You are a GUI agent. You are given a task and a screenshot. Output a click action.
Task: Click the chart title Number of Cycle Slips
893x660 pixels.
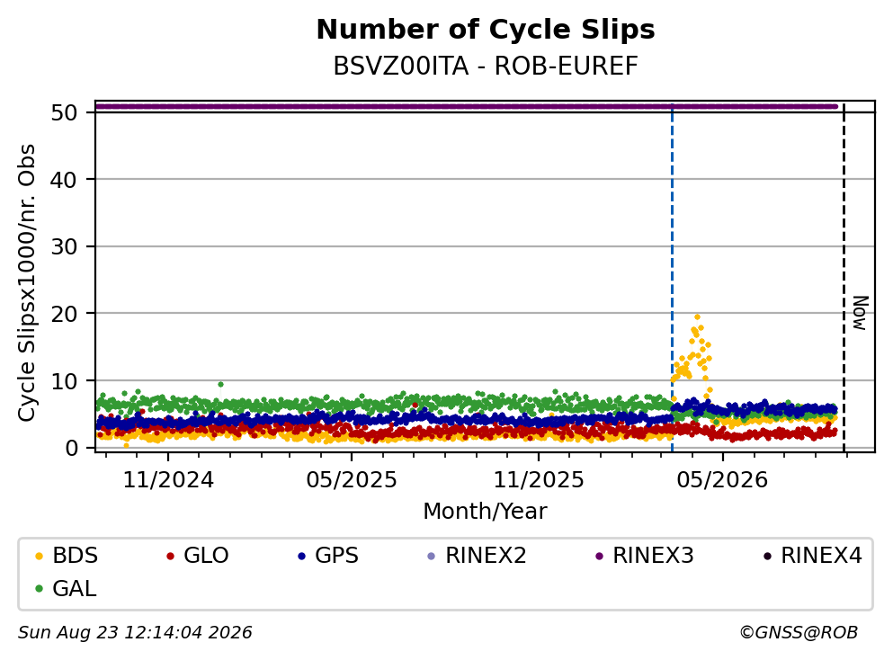pos(486,30)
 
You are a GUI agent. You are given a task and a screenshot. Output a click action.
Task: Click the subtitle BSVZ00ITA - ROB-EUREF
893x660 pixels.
pos(486,66)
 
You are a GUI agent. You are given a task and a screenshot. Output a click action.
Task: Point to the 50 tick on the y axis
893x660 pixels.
pos(64,112)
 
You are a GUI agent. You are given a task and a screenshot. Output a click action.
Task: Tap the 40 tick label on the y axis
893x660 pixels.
pos(64,180)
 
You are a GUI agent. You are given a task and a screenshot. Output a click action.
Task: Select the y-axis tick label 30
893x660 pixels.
pos(64,246)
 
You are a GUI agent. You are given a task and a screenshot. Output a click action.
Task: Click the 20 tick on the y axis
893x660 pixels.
pos(64,314)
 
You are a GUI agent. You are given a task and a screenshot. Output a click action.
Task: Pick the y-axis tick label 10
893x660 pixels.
pos(64,381)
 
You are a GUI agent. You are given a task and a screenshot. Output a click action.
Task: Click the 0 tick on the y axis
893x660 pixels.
pos(71,448)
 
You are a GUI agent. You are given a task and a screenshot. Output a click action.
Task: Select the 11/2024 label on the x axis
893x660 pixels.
pos(168,480)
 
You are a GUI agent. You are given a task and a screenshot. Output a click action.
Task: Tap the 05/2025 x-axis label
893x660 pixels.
pos(352,480)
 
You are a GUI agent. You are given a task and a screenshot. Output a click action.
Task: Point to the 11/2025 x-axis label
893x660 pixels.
pos(538,480)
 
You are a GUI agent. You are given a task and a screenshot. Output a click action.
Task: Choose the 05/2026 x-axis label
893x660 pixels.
pos(722,480)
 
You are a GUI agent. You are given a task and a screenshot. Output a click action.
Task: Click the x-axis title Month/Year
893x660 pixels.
pos(485,512)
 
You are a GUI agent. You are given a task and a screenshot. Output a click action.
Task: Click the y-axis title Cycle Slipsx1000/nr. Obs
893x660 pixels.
pos(26,283)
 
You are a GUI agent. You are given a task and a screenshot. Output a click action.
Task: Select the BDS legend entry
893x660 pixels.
pos(67,556)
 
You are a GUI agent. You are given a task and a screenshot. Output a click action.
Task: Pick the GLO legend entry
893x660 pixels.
pos(198,556)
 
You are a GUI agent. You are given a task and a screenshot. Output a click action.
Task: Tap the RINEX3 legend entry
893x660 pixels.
pos(645,556)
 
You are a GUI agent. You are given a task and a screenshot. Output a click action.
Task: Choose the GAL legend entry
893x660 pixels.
pos(66,589)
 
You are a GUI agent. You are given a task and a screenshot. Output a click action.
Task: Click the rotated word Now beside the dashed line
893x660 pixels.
pos(860,313)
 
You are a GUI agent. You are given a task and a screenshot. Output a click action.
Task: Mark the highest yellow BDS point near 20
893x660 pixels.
pos(697,317)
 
